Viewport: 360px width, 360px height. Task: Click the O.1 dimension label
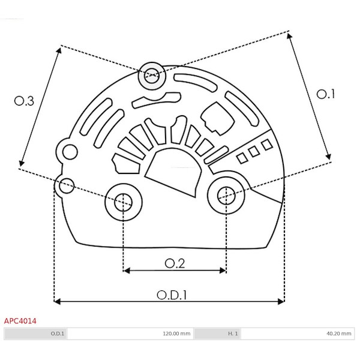tap(325, 94)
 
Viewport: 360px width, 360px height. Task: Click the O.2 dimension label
tap(175, 263)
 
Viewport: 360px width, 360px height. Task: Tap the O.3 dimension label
tap(24, 101)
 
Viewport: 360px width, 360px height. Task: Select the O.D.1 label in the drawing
tap(172, 295)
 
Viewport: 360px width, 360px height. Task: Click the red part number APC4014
tap(20, 321)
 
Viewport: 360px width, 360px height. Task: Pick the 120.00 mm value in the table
tap(176, 334)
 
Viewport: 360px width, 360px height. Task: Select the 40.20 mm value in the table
tap(339, 334)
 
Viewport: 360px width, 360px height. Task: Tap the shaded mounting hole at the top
tap(152, 76)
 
